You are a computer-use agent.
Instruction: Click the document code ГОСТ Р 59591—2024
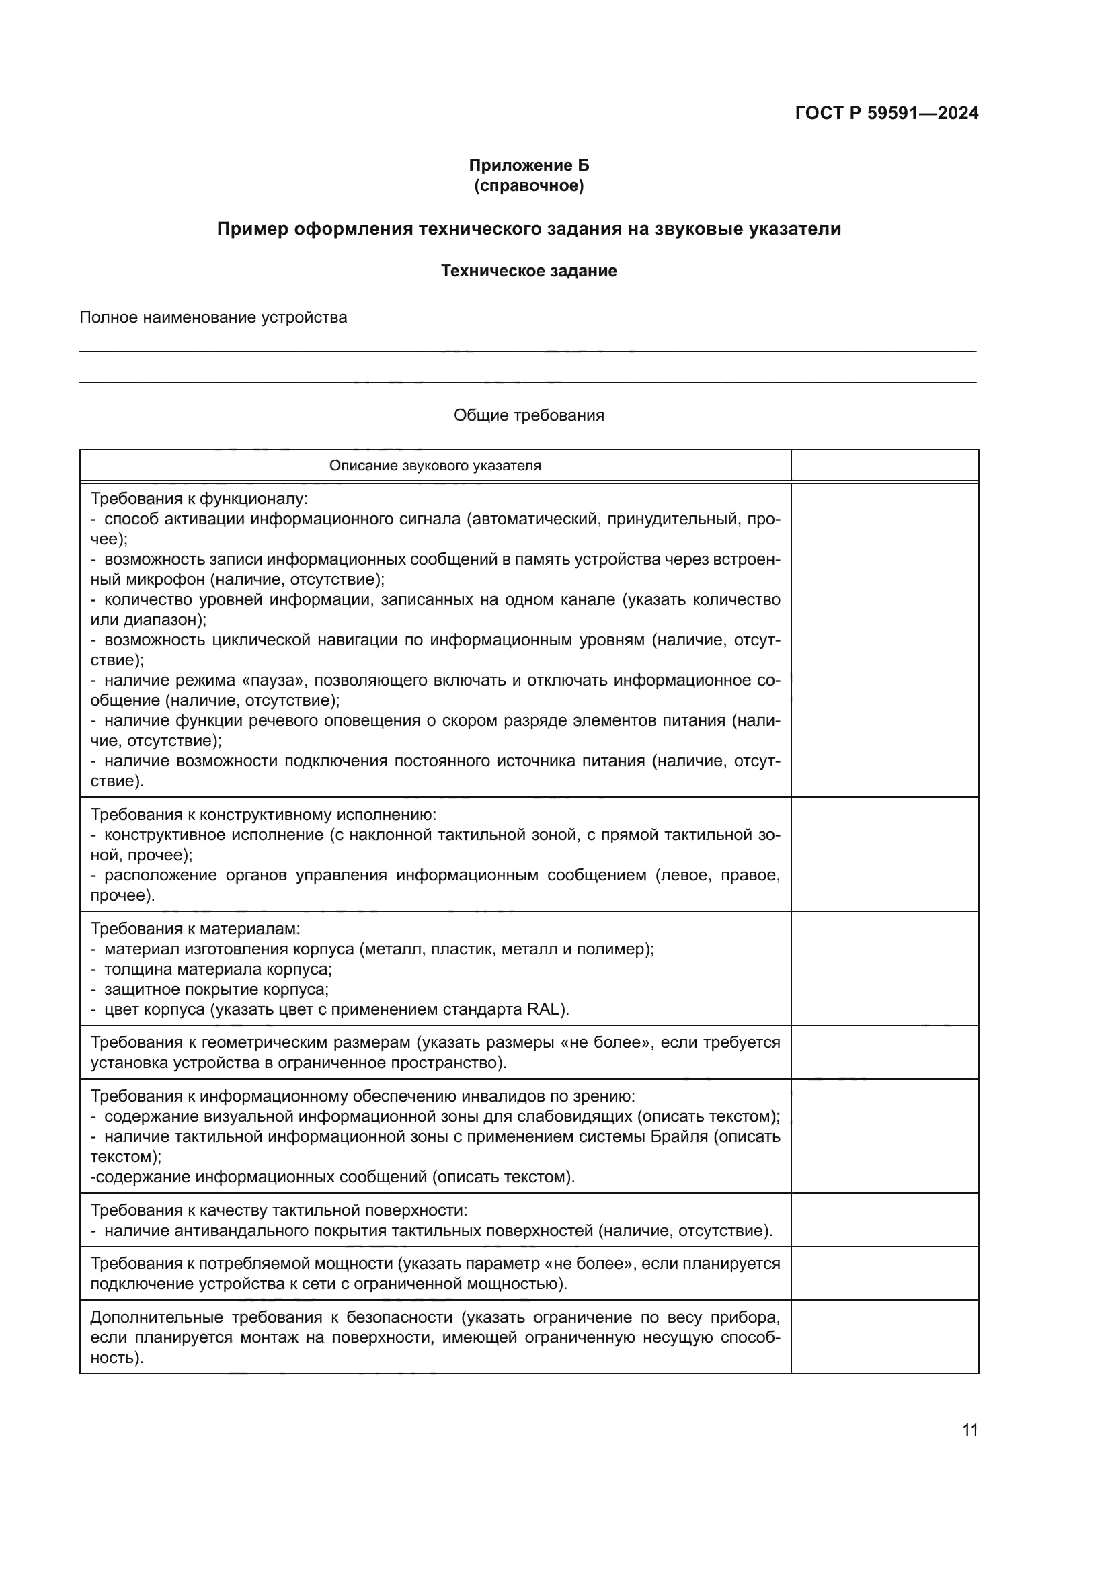pos(886,113)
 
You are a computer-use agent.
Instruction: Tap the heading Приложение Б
pos(528,165)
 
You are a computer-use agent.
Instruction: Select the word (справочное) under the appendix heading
pos(528,185)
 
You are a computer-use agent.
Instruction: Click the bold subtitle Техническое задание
pos(528,271)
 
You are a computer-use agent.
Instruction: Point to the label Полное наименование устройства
pos(213,318)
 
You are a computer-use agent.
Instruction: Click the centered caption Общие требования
pos(528,415)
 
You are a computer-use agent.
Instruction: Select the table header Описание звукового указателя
pos(435,466)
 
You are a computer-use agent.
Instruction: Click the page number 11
pos(969,1430)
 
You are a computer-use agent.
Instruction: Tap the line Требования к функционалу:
pos(198,499)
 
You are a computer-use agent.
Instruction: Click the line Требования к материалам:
pos(195,929)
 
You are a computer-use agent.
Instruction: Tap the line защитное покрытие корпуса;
pos(216,990)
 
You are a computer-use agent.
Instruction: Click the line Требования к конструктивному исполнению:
pos(263,815)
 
